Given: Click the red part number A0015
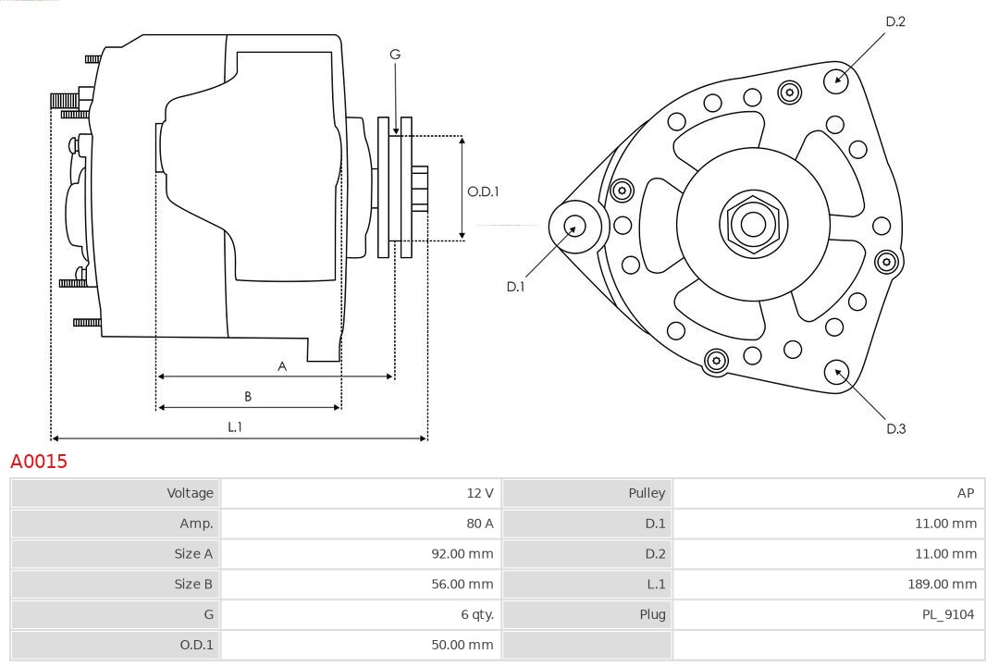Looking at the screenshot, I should coord(39,461).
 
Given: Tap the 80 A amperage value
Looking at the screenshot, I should coord(479,524).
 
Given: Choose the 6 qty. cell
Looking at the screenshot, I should coord(472,614).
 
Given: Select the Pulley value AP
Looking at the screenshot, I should coord(965,493).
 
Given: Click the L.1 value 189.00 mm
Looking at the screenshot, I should coord(942,584).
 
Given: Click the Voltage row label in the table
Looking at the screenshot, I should coord(190,493).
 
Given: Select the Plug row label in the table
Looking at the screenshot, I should coord(652,614).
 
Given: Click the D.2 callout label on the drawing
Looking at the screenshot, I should coord(894,21).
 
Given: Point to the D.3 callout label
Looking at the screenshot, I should coord(895,428).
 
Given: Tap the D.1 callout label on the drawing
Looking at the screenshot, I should coord(515,287).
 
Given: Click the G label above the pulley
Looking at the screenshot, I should coord(395,55).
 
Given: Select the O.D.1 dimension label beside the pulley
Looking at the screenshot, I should coord(483,191).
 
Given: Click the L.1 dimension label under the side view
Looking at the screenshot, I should coord(235,426).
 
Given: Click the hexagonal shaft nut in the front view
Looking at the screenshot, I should coord(753,224).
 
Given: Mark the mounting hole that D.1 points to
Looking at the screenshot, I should coord(575,225).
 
